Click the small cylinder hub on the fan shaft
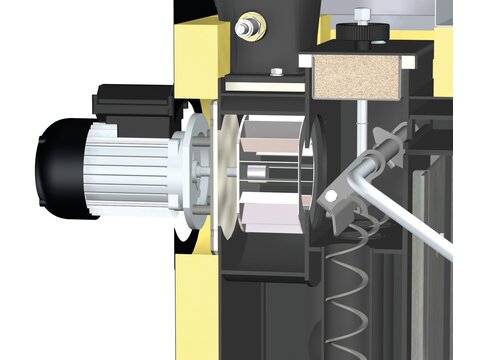tap(259, 178)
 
